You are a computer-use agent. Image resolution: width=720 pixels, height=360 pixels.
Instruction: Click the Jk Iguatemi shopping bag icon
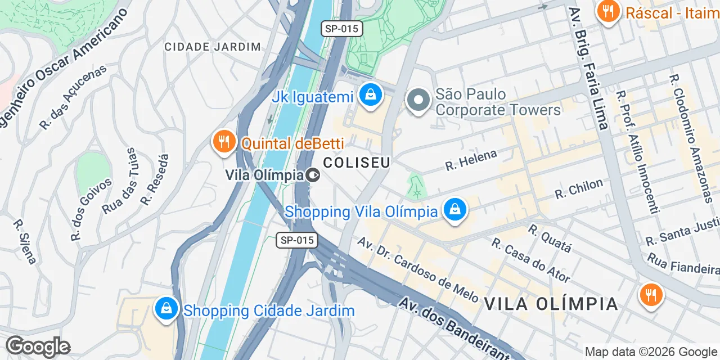pos(371,95)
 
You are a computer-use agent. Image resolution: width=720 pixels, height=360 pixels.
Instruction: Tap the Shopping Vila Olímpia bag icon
pos(455,210)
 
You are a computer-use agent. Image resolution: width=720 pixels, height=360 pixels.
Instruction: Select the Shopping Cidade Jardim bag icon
pos(166,309)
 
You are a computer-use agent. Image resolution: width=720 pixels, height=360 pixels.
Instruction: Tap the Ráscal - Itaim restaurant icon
pos(608,11)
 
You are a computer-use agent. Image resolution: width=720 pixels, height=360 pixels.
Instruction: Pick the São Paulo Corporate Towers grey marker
pos(418,101)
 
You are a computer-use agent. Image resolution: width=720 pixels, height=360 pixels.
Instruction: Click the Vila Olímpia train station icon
pos(313,175)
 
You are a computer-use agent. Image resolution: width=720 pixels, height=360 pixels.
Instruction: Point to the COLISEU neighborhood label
pos(357,163)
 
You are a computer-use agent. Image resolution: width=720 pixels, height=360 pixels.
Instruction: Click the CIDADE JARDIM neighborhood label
pos(213,47)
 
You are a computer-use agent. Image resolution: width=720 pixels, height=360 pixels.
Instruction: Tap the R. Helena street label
pos(471,160)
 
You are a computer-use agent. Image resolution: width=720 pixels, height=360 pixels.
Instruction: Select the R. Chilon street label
pos(578,188)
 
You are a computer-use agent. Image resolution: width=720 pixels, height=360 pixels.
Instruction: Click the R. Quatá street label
pos(550,238)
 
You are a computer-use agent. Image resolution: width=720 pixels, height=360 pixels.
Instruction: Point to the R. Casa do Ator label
pos(530,259)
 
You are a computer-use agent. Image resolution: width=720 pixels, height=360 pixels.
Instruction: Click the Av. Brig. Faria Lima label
pos(588,67)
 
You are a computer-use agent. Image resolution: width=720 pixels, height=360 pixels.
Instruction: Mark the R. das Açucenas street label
pos(73,97)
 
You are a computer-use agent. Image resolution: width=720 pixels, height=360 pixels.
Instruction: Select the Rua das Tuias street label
pos(120,181)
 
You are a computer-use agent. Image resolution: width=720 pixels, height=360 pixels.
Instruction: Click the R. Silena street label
pos(25,241)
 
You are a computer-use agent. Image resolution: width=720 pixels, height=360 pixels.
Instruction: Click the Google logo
pos(38,346)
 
